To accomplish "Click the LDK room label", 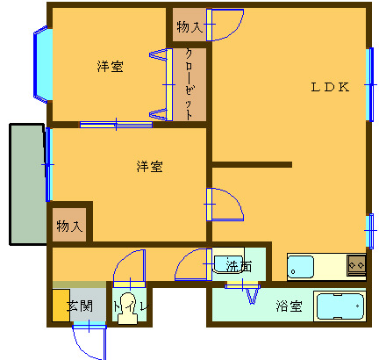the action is pyautogui.click(x=330, y=87).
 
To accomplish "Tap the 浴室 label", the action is pyautogui.click(x=289, y=306).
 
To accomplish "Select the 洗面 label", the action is pyautogui.click(x=239, y=266).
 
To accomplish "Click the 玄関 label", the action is pyautogui.click(x=80, y=306).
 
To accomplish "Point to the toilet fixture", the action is pyautogui.click(x=127, y=309).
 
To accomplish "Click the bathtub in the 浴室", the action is pyautogui.click(x=340, y=306).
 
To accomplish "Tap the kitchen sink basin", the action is pyautogui.click(x=301, y=267).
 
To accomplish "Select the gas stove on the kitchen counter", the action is pyautogui.click(x=356, y=265).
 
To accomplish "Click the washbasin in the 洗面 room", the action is pyautogui.click(x=228, y=264).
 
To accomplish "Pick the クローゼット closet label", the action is pyautogui.click(x=189, y=84).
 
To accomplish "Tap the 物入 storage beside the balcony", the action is pyautogui.click(x=69, y=225).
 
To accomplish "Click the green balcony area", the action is pyautogui.click(x=28, y=184).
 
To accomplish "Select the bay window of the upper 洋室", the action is pyautogui.click(x=43, y=64).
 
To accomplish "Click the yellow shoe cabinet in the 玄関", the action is pyautogui.click(x=61, y=306).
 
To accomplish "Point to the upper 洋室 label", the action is pyautogui.click(x=111, y=66).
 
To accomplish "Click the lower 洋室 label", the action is pyautogui.click(x=149, y=166).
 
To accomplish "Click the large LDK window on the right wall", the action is pyautogui.click(x=370, y=84).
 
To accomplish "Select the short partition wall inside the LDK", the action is pyautogui.click(x=252, y=165).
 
